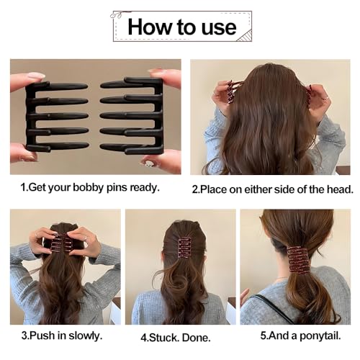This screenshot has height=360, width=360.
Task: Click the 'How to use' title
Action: [181, 27]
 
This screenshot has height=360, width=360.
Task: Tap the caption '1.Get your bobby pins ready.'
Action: [90, 188]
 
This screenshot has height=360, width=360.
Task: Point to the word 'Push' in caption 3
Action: [49, 334]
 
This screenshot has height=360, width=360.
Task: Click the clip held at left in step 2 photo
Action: [231, 92]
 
